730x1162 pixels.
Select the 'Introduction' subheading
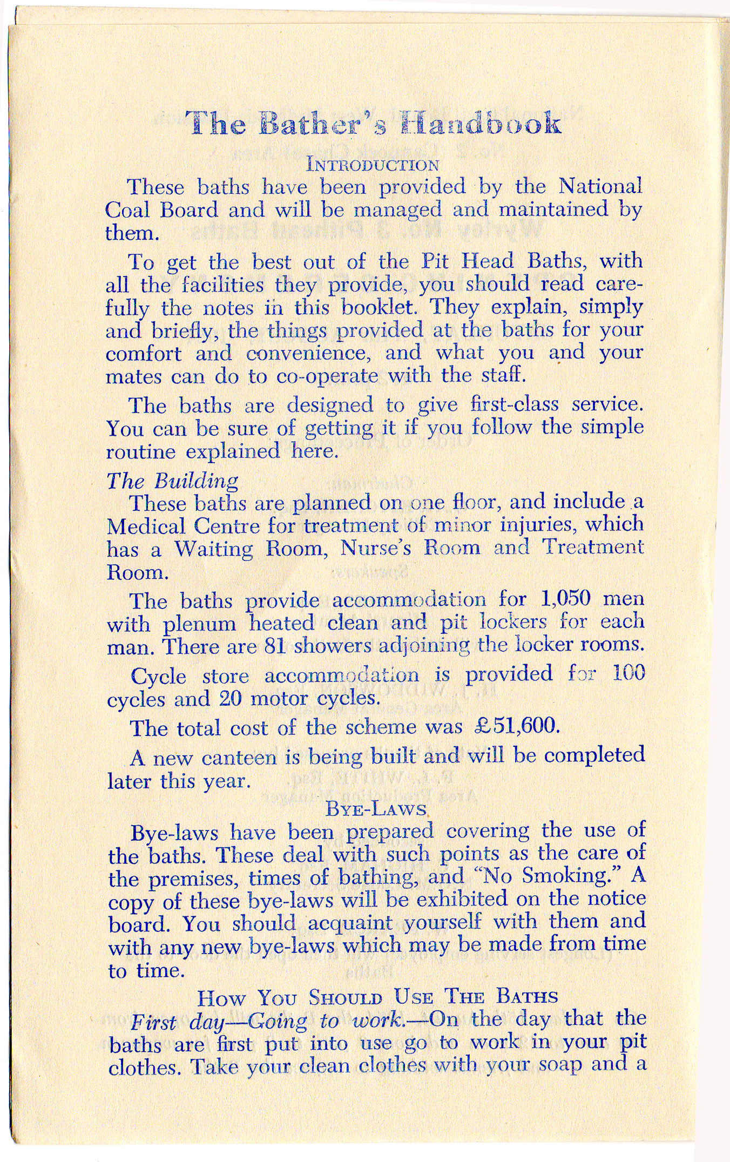click(x=373, y=163)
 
